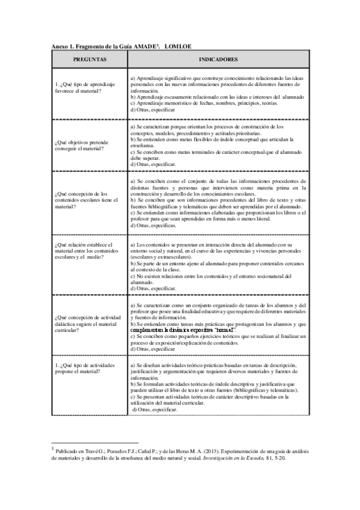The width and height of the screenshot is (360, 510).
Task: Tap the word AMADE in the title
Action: tap(141, 46)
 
